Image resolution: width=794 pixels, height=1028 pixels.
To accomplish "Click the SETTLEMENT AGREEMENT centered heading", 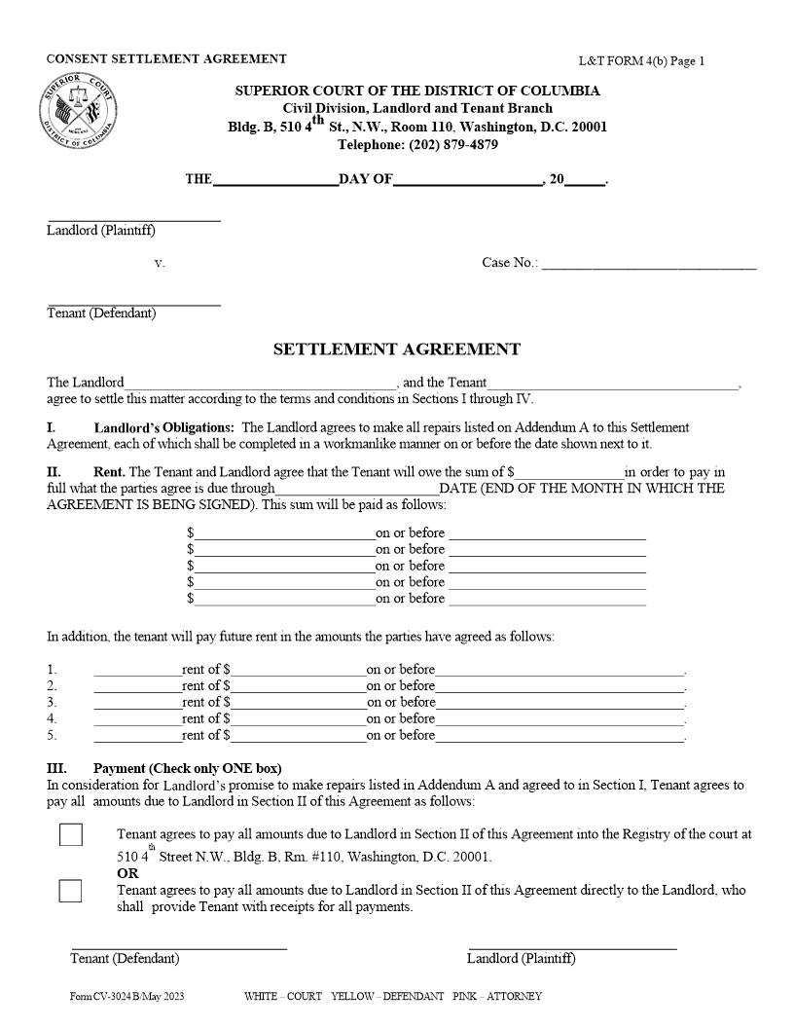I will (x=396, y=349).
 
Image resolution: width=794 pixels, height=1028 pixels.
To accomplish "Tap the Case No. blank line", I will (x=648, y=264).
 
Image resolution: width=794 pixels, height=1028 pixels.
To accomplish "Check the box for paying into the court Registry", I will (x=70, y=835).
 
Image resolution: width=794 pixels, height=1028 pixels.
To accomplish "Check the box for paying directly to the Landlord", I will (x=70, y=891).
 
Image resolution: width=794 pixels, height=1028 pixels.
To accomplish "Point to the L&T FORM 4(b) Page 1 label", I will (x=641, y=61).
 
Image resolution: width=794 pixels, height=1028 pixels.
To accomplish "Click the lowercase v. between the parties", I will (x=160, y=264).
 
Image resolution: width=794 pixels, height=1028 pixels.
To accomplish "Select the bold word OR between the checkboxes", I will (x=127, y=874).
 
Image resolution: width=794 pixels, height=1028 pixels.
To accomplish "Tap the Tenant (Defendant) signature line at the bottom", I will (x=179, y=946).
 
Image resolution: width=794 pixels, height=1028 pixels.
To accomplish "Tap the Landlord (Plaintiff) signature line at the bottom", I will (x=572, y=946).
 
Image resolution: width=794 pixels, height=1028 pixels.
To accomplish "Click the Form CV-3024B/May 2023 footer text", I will (x=126, y=997).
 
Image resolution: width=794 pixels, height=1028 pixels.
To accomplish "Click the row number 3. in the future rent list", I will (x=53, y=702).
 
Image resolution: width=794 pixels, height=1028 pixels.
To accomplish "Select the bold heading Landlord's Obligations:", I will (x=163, y=427).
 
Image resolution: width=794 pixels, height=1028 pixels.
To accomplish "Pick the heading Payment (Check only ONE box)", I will (x=187, y=768).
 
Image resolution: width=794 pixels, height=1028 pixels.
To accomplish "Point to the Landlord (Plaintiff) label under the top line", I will (x=101, y=231).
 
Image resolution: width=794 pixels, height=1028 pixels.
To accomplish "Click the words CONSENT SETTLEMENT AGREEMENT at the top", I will (x=166, y=59).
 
